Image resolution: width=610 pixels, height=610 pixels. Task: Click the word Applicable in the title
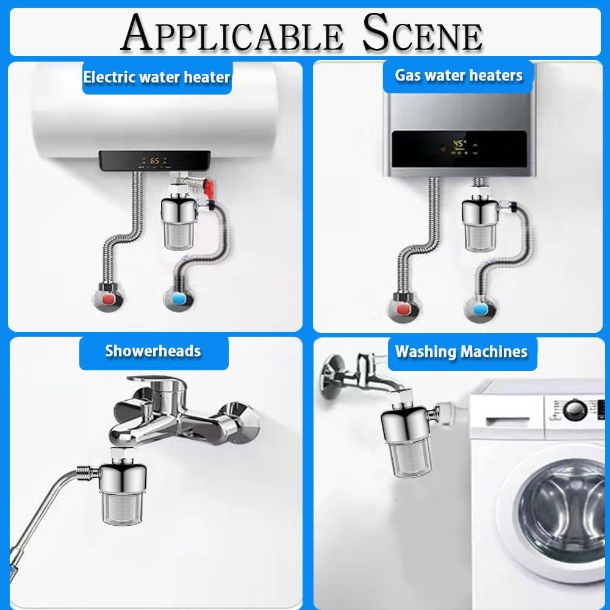[231, 33]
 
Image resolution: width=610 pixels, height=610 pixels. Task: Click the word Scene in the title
[423, 33]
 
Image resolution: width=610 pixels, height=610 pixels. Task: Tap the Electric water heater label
[157, 77]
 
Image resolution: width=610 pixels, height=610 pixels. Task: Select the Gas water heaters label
[459, 76]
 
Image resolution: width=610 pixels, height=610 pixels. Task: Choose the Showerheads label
[153, 351]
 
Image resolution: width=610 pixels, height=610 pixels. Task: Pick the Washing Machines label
[461, 351]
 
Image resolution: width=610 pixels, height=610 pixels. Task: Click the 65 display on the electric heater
[154, 160]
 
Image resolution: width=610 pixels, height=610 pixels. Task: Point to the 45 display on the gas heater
[459, 144]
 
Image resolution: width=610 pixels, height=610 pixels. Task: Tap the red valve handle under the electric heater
[209, 188]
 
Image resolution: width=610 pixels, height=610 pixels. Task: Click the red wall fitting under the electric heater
[109, 299]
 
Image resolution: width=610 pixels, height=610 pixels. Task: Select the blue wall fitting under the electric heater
[179, 298]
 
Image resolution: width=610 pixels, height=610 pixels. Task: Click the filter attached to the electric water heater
[179, 223]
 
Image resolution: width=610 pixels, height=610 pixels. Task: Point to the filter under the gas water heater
[479, 224]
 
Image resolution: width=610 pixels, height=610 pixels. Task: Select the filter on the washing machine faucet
[406, 443]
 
